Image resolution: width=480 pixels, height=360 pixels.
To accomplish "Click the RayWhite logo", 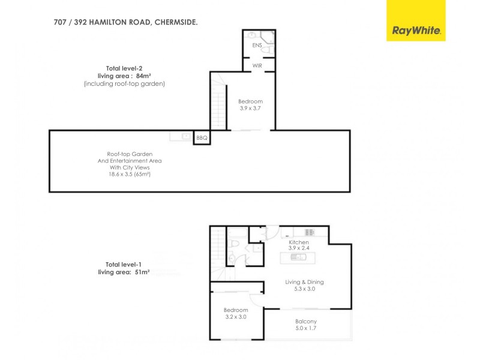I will tap(416, 30).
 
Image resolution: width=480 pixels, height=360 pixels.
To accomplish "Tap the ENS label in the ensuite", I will tap(256, 45).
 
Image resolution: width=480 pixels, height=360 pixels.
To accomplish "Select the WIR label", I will tap(257, 64).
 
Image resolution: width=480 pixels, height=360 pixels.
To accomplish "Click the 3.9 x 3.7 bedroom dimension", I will tap(250, 109).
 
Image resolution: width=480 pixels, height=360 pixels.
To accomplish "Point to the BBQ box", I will tap(202, 138).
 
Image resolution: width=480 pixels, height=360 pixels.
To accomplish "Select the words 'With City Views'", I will tap(130, 168).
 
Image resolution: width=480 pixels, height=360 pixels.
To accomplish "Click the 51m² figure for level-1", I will tap(140, 272).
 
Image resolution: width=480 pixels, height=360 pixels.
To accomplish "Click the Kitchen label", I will tap(298, 242).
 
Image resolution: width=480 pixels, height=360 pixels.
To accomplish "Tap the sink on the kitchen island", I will tap(298, 257).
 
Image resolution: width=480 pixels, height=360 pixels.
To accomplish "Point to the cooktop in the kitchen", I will tap(310, 232).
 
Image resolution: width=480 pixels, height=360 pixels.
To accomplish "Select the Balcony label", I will tap(306, 322).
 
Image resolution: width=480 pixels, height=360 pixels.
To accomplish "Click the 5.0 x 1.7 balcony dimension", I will tap(306, 329).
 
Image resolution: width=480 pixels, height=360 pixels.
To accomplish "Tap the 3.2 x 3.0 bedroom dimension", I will tap(235, 317).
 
